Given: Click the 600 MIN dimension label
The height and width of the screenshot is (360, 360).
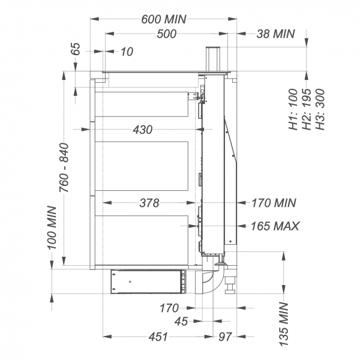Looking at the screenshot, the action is [164, 19].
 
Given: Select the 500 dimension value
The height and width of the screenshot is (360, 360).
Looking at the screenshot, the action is [167, 34].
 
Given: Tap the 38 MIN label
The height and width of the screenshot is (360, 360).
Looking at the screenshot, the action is [275, 34].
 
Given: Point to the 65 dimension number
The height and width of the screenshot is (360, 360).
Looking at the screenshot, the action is [76, 49].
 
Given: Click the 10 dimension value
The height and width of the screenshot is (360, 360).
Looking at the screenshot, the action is [127, 52].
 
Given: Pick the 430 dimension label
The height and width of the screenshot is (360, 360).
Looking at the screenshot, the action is [143, 130].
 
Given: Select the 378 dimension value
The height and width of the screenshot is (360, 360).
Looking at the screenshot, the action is [149, 203].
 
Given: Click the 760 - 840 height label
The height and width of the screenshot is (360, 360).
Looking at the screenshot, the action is [64, 167].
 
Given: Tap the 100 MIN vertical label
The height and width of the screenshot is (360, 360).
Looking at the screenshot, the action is [52, 228].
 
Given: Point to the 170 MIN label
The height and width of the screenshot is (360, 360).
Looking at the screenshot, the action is [274, 203].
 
